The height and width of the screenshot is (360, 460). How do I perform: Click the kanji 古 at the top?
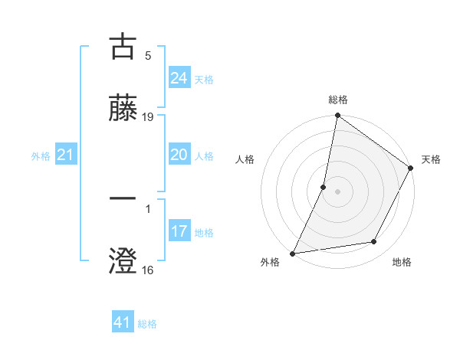pyautogui.click(x=123, y=47)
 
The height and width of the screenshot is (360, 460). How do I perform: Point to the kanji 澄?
pyautogui.click(x=123, y=260)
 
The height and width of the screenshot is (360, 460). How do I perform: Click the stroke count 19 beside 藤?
pyautogui.click(x=148, y=117)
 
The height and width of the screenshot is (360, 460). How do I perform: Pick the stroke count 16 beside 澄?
pyautogui.click(x=148, y=270)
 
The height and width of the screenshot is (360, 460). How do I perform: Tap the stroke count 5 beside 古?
pyautogui.click(x=148, y=56)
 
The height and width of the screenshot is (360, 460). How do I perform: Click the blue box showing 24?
pyautogui.click(x=179, y=78)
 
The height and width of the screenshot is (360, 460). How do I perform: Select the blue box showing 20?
pyautogui.click(x=179, y=155)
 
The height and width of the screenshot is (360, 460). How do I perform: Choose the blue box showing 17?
pyautogui.click(x=179, y=231)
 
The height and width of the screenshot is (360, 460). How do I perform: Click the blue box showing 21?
pyautogui.click(x=65, y=155)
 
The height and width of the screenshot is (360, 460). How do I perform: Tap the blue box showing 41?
pyautogui.click(x=123, y=322)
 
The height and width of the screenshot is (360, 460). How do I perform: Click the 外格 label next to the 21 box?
pyautogui.click(x=41, y=156)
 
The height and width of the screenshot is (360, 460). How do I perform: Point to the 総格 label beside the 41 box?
pyautogui.click(x=147, y=324)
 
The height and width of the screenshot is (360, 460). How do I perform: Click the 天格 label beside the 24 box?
pyautogui.click(x=204, y=80)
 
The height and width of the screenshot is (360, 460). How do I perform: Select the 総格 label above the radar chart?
pyautogui.click(x=337, y=100)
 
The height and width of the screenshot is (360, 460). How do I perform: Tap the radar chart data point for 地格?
pyautogui.click(x=374, y=242)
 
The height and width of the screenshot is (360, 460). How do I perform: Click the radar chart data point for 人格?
pyautogui.click(x=324, y=186)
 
